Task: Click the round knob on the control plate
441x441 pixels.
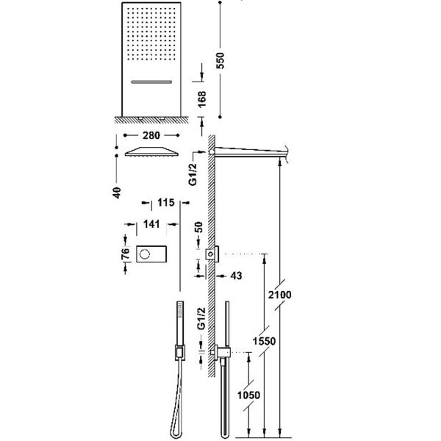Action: point(145,254)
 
